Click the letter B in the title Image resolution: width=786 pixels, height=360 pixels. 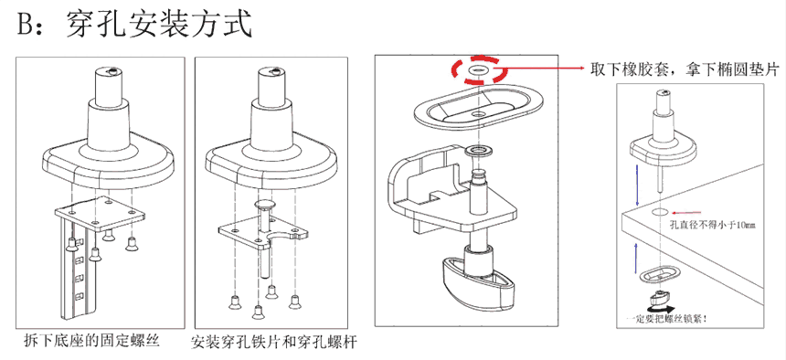pyautogui.click(x=27, y=24)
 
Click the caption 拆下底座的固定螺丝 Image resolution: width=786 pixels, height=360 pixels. pyautogui.click(x=91, y=342)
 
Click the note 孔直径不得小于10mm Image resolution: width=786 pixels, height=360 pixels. pyautogui.click(x=712, y=225)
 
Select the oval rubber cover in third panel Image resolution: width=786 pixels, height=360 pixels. pyautogui.click(x=480, y=111)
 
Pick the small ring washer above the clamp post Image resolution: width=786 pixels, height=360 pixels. pyautogui.click(x=478, y=151)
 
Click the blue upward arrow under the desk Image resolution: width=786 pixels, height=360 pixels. pyautogui.click(x=637, y=259)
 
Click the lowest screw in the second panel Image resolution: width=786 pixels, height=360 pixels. pyautogui.click(x=258, y=312)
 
